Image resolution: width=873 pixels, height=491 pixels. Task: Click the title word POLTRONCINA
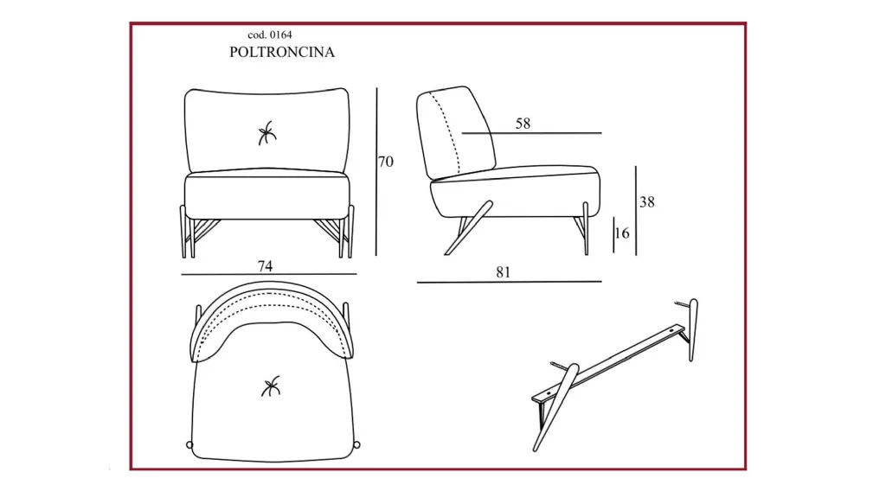(282, 52)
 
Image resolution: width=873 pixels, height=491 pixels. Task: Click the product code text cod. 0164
(270, 35)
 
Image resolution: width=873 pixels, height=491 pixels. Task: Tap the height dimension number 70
(386, 162)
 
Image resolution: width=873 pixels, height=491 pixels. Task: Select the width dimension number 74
(265, 266)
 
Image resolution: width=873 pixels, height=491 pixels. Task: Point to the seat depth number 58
(523, 124)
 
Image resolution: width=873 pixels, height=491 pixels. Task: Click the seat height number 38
(647, 202)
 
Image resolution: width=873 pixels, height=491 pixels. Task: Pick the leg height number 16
(622, 233)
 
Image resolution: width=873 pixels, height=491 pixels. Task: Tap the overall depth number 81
(504, 272)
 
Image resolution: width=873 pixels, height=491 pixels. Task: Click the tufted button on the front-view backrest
(266, 133)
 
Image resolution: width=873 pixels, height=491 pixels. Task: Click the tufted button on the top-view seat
(271, 386)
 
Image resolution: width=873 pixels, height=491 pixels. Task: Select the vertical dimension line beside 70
(376, 172)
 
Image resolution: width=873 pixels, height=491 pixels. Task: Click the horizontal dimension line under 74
(269, 274)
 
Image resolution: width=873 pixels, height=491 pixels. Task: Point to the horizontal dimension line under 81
(510, 282)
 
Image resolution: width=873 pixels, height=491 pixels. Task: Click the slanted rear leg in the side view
(468, 228)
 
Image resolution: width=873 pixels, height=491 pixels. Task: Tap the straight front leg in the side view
(586, 228)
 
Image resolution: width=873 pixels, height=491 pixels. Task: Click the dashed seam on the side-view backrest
(449, 133)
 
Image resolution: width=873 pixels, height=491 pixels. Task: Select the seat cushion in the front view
(267, 194)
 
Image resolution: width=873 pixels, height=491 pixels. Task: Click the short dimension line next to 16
(613, 234)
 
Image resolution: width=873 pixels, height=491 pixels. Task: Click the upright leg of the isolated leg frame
(694, 329)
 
